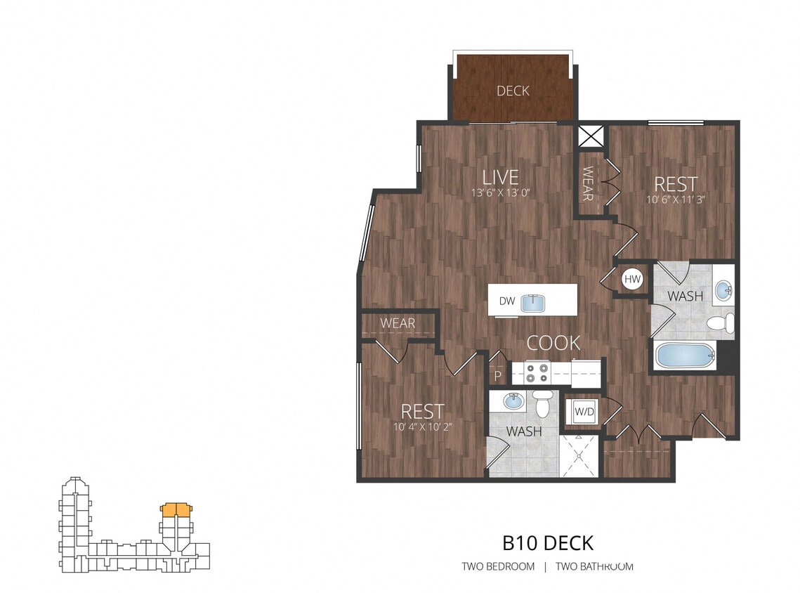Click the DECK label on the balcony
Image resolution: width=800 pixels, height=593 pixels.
[x=513, y=91]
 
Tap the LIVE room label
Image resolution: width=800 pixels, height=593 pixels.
[x=501, y=177]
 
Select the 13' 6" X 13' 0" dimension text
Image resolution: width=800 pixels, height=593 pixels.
[x=501, y=193]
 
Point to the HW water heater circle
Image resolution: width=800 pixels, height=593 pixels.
[x=632, y=279]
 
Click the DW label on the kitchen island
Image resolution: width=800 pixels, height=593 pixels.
[x=507, y=301]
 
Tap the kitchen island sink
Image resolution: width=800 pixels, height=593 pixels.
[x=533, y=303]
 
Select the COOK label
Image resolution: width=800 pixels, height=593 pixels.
[x=553, y=343]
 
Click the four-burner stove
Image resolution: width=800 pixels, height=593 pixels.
[x=537, y=373]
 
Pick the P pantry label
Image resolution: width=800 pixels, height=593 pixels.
[x=498, y=376]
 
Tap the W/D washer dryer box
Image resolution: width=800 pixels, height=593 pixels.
[x=584, y=411]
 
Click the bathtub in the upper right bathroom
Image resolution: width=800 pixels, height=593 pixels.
[x=686, y=356]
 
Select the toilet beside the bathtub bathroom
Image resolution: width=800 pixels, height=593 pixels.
[x=721, y=322]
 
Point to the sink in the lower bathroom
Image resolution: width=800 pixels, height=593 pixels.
[x=513, y=401]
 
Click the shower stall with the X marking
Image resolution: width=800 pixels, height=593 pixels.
[x=579, y=456]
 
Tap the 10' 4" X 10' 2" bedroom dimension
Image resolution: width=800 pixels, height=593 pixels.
[x=422, y=426]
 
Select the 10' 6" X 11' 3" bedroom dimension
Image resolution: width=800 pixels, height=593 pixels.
[x=676, y=200]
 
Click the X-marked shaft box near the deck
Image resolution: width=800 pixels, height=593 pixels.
[x=591, y=136]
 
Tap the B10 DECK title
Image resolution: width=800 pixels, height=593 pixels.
[x=548, y=543]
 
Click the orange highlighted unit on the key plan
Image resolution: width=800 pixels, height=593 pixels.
[x=176, y=510]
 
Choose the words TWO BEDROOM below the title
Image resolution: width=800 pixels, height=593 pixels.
[x=498, y=566]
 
